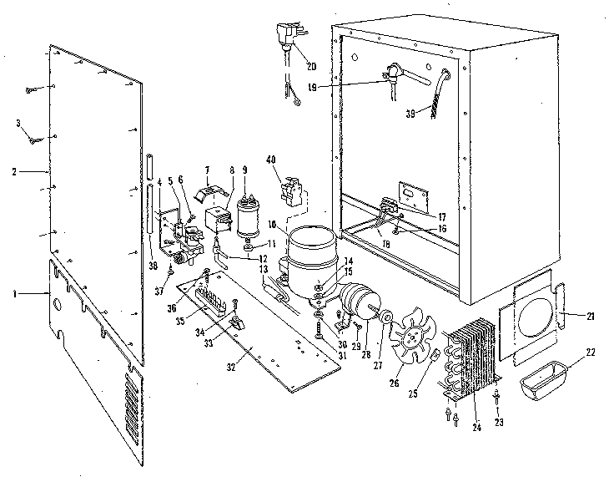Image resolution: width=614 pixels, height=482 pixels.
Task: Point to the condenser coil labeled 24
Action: tap(475, 359)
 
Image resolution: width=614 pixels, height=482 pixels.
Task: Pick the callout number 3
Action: tap(18, 124)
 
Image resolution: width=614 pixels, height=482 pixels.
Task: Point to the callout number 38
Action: tap(152, 265)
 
